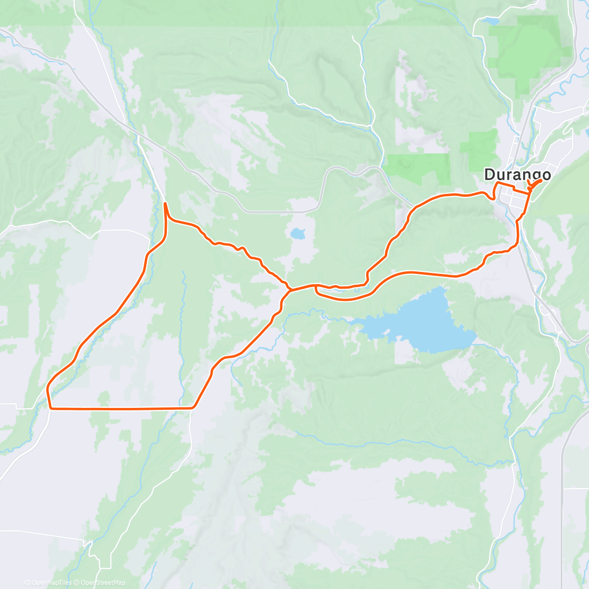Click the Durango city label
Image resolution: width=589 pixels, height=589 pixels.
pyautogui.click(x=517, y=174)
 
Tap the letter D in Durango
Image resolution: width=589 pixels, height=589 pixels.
pyautogui.click(x=489, y=174)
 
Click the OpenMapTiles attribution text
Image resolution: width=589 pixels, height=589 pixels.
pyautogui.click(x=51, y=583)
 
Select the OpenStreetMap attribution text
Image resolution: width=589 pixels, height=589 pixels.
pyautogui.click(x=103, y=583)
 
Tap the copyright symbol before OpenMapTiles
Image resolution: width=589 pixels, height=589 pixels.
pyautogui.click(x=27, y=583)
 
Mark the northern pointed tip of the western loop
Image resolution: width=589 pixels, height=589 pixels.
pyautogui.click(x=165, y=203)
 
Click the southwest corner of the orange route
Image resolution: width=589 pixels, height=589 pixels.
pyautogui.click(x=51, y=407)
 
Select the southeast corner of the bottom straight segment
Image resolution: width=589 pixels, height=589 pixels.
pyautogui.click(x=193, y=407)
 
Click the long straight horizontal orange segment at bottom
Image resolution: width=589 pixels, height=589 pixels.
pyautogui.click(x=123, y=408)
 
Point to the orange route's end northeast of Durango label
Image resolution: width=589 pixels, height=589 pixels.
pyautogui.click(x=540, y=181)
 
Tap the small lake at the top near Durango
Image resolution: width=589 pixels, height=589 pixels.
pyautogui.click(x=490, y=22)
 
